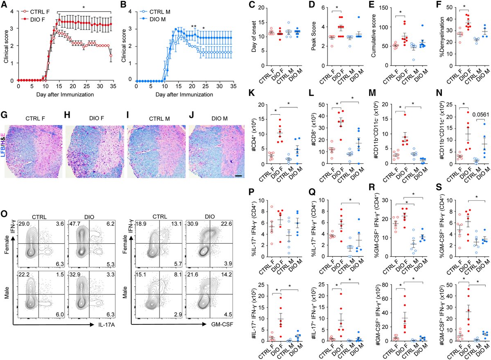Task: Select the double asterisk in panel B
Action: pyautogui.click(x=193, y=27)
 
